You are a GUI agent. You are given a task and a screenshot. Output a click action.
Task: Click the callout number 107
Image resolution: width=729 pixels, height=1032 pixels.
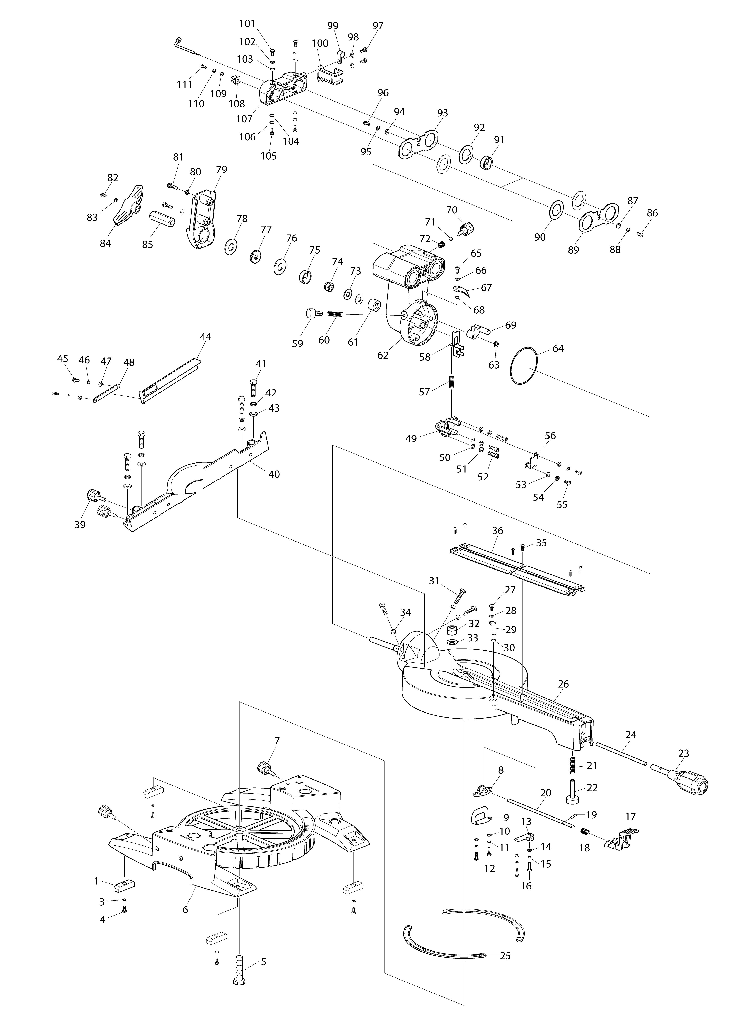pos(244,119)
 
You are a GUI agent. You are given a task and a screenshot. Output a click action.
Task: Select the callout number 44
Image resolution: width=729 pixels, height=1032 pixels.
pos(205,337)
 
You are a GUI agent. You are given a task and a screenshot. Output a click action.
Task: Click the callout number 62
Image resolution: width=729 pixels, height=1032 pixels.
pos(383,355)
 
